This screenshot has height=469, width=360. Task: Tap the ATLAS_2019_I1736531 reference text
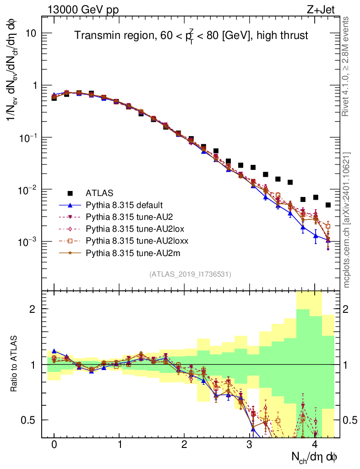coord(190,274)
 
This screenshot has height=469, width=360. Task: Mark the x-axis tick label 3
coord(250,445)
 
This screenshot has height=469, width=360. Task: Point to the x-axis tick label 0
coord(54,445)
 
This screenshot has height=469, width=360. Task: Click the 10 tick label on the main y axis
coord(30,33)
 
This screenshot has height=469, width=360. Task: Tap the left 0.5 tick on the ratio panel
coord(30,420)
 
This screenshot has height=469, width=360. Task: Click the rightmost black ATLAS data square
coord(328,205)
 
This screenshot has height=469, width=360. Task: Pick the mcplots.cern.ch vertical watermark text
coord(347,219)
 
